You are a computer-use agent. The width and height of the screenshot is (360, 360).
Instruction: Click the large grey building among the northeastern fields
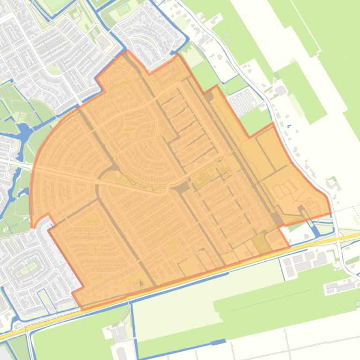pos(281,90)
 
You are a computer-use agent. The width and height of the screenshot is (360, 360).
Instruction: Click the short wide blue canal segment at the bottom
pos(218,343)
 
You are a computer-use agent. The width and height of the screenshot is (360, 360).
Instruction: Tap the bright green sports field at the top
pos(124,9)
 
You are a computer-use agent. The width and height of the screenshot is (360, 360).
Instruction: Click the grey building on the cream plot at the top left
pos(103,42)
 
